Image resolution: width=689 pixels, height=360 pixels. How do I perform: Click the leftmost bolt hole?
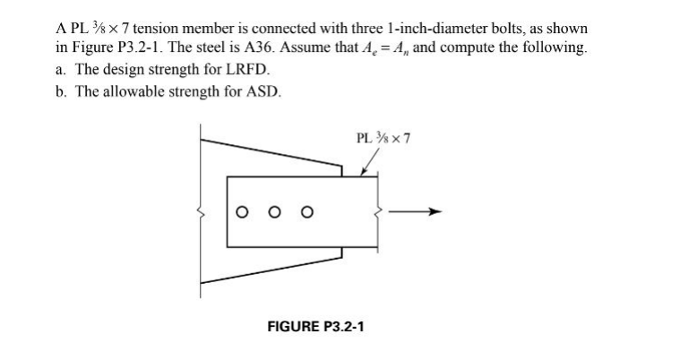[x=240, y=212]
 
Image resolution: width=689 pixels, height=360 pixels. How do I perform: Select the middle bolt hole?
[x=273, y=212]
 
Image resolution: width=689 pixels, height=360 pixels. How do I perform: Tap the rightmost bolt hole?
[x=306, y=212]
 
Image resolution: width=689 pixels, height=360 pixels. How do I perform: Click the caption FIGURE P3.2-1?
[x=315, y=327]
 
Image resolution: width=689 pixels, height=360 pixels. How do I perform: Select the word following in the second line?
[x=556, y=47]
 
